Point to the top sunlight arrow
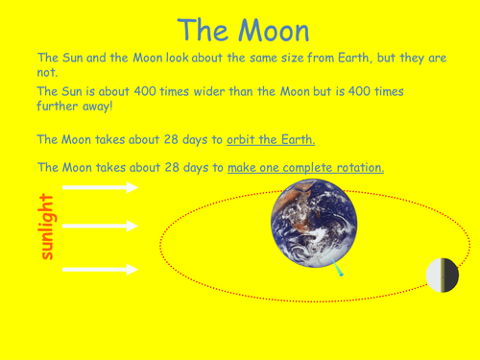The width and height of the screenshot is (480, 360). click(x=100, y=188)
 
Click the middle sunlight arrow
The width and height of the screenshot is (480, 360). click(x=100, y=227)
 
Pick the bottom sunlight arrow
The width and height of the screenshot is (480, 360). click(x=100, y=270)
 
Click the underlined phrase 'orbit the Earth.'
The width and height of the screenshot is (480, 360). click(x=271, y=140)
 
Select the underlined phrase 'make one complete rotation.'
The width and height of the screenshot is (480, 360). click(x=305, y=167)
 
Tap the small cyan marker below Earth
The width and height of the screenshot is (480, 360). click(x=339, y=274)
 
